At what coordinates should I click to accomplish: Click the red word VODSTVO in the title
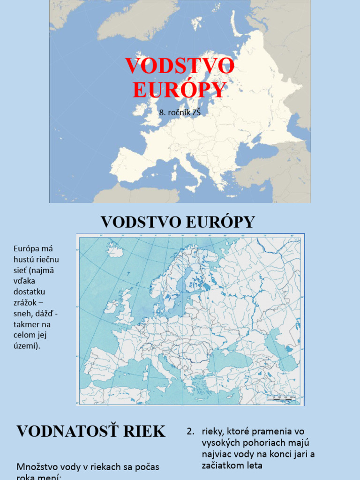(x=180, y=66)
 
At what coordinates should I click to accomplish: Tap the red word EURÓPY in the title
(x=180, y=90)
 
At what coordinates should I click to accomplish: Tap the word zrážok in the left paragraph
(x=26, y=302)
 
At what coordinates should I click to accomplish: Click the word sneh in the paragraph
(x=22, y=313)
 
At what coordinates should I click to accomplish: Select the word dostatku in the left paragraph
(x=29, y=292)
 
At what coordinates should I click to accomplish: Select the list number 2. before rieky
(x=190, y=431)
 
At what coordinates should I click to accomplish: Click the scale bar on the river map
(x=280, y=397)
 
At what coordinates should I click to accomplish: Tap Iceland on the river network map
(x=115, y=250)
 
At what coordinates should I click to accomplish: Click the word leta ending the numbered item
(x=252, y=465)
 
